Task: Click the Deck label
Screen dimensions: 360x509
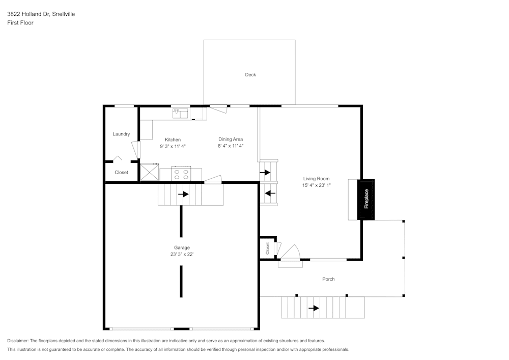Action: pos(250,75)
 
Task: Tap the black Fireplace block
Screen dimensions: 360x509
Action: pos(366,199)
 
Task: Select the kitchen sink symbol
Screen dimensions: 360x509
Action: pos(180,114)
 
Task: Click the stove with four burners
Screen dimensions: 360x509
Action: pos(181,175)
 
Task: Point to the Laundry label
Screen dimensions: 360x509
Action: pos(121,134)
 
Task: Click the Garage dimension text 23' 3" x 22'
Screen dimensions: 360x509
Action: pos(182,254)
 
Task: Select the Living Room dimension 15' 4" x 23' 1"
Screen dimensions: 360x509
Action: pos(317,185)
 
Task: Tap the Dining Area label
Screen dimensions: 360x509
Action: pos(231,140)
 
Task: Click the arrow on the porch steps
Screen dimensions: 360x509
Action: pos(314,308)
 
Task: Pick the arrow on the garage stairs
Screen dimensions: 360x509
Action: pos(183,194)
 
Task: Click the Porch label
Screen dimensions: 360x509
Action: pos(328,279)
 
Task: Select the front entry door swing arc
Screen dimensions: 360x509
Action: pos(291,252)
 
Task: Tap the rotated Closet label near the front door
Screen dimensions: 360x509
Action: pos(267,248)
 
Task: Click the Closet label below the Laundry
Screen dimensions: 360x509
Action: pos(121,173)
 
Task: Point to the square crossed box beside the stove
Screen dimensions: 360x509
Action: pos(149,172)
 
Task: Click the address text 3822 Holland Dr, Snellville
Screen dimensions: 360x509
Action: pos(41,14)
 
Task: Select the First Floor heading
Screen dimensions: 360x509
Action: pos(20,23)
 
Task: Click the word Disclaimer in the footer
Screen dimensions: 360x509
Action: pos(18,341)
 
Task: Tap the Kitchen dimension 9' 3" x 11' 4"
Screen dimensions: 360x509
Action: pos(173,146)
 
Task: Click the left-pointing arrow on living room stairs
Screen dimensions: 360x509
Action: pos(270,193)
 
